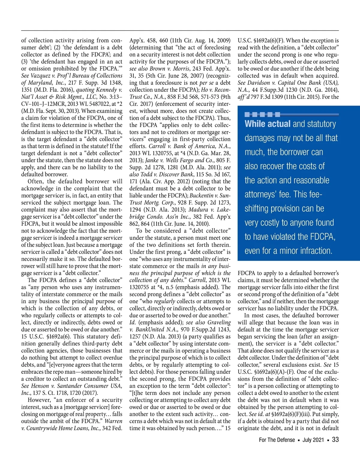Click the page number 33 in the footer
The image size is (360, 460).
[335, 440]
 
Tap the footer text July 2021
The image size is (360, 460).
[313, 440]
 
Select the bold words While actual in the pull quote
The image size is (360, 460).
[267, 124]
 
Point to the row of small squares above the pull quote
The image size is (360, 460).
[262, 114]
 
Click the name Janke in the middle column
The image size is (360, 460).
[152, 160]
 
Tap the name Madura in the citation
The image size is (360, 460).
[198, 209]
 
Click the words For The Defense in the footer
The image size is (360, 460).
[277, 440]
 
